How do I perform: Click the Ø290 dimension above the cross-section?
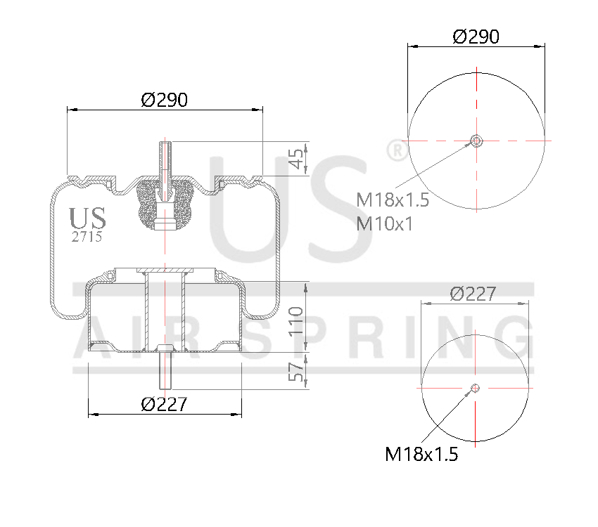click(164, 100)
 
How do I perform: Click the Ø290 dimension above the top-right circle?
click(476, 37)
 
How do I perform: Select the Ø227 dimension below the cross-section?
click(164, 404)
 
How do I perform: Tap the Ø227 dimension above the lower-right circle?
click(473, 294)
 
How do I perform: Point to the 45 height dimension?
click(299, 158)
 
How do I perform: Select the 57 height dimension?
click(298, 370)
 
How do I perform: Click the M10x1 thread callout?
click(385, 223)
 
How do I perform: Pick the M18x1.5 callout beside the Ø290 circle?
click(393, 200)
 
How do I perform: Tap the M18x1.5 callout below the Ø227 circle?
click(421, 455)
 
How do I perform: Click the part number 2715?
click(87, 237)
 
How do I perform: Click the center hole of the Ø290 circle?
click(476, 141)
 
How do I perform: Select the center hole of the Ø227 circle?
click(475, 388)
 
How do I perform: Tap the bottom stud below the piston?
click(165, 370)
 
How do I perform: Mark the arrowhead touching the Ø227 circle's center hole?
click(470, 393)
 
